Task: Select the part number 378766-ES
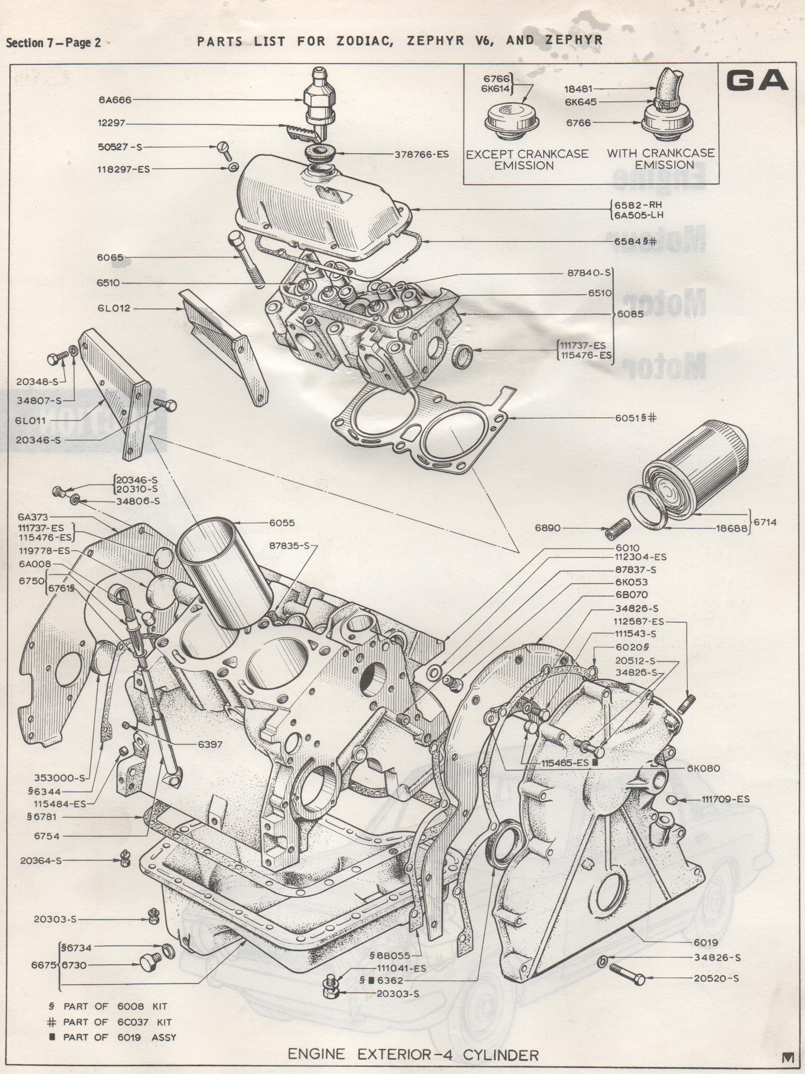[421, 155]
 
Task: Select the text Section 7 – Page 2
[54, 43]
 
